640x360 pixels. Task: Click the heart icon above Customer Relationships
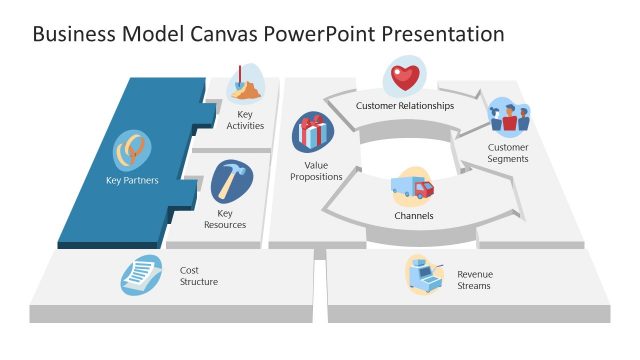pyautogui.click(x=404, y=76)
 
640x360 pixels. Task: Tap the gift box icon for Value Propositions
pyautogui.click(x=313, y=132)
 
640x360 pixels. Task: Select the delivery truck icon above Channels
pyautogui.click(x=412, y=187)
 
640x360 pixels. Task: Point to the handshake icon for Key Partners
pyautogui.click(x=133, y=151)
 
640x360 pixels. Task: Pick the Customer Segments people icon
pyautogui.click(x=508, y=119)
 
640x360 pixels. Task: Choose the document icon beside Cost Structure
pyautogui.click(x=141, y=274)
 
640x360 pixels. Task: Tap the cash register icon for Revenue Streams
pyautogui.click(x=424, y=274)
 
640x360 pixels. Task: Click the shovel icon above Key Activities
pyautogui.click(x=245, y=84)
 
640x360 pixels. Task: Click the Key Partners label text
pyautogui.click(x=132, y=181)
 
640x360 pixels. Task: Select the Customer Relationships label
pyautogui.click(x=405, y=105)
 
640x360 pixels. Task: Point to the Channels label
pyautogui.click(x=413, y=215)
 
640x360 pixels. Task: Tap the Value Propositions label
pyautogui.click(x=316, y=170)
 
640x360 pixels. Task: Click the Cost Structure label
pyautogui.click(x=199, y=276)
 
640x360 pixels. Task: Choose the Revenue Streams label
pyautogui.click(x=474, y=280)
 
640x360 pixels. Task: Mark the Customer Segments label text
pyautogui.click(x=508, y=153)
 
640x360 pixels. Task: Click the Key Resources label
pyautogui.click(x=225, y=219)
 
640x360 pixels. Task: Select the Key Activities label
pyautogui.click(x=245, y=121)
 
